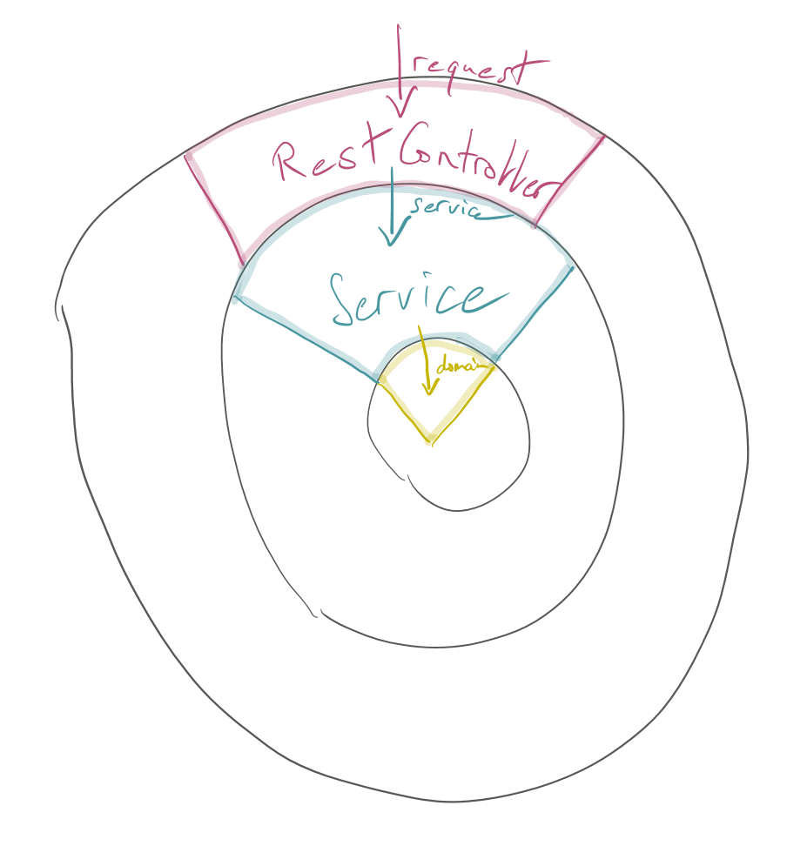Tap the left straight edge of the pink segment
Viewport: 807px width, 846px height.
[214, 210]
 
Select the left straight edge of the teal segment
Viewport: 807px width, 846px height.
[305, 339]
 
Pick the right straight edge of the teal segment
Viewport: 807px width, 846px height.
[535, 312]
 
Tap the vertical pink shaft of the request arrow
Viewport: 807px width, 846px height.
[399, 61]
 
